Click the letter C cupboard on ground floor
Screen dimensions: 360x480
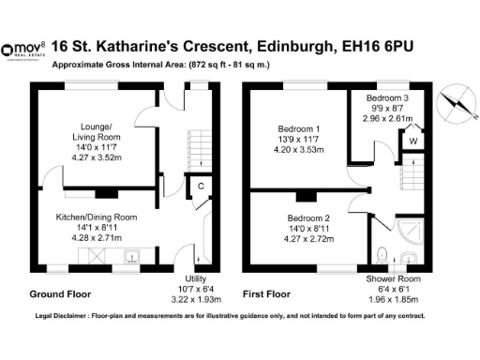[x=200, y=187]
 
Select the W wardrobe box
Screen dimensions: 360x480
[x=412, y=141]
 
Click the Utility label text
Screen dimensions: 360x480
[x=196, y=278]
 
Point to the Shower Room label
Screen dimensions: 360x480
[x=392, y=278]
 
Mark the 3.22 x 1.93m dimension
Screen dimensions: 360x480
[x=196, y=299]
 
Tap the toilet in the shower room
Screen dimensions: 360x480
[x=382, y=254]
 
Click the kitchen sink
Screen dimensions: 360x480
[x=130, y=253]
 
